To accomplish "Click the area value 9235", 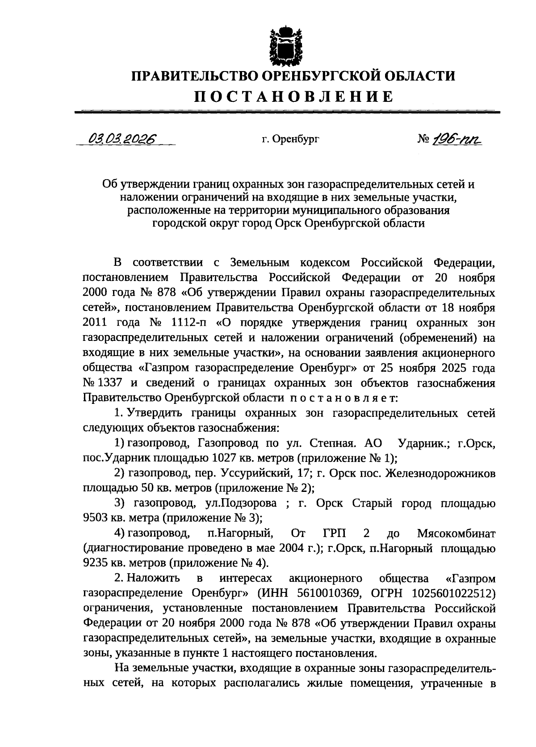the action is coord(96,563).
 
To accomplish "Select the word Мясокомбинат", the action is coord(456,533).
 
